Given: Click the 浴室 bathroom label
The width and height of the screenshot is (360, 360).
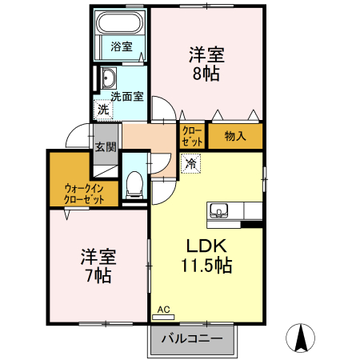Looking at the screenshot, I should [x=122, y=46].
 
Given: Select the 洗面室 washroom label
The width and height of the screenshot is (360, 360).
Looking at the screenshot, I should [x=126, y=97].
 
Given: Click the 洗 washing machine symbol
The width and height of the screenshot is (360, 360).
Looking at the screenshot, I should [x=103, y=109].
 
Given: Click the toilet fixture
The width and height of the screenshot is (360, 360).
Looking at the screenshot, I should [x=134, y=185].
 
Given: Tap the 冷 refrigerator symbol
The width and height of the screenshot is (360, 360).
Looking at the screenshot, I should [x=190, y=163].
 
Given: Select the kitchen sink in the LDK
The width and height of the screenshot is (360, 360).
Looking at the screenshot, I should [x=219, y=211].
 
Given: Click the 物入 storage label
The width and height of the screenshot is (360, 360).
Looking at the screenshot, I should [x=234, y=135].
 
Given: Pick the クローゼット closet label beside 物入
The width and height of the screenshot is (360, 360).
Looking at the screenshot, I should [x=192, y=136].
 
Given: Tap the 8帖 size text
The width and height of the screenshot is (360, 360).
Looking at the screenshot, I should [x=206, y=74].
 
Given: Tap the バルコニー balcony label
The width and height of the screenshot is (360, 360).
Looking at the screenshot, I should [x=192, y=339].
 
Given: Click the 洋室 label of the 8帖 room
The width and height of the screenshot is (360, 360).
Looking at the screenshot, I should [x=206, y=55].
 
